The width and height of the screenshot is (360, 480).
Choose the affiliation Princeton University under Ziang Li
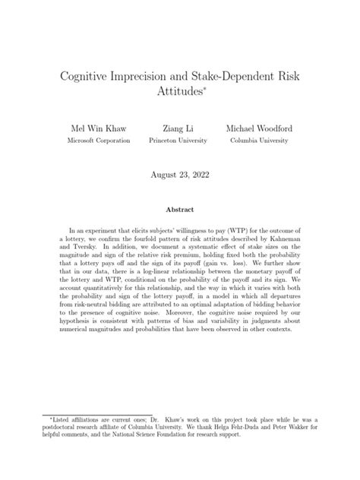179,141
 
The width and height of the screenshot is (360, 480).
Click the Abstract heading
179,210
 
